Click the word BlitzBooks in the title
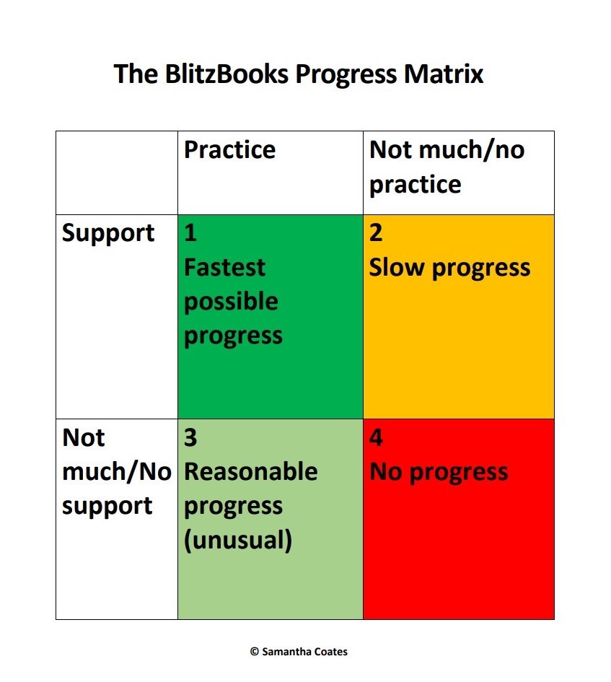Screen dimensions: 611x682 click(227, 74)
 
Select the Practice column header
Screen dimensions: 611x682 click(229, 149)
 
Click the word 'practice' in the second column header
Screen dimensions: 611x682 click(415, 185)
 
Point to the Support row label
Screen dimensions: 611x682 click(108, 234)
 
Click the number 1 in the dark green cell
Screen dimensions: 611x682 click(190, 232)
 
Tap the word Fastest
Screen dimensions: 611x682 click(224, 266)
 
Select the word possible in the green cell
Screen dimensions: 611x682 click(231, 302)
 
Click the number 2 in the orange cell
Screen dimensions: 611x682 click(376, 232)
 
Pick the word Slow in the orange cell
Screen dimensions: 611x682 click(397, 267)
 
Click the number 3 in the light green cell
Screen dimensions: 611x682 click(190, 437)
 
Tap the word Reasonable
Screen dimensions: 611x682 click(251, 471)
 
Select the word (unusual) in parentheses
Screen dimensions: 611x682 click(238, 541)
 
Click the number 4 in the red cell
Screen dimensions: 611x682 click(376, 437)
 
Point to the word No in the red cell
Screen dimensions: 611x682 click(386, 471)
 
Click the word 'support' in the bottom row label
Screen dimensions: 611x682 click(107, 507)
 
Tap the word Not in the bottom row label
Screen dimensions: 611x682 click(84, 437)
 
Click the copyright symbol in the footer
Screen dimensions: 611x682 click(255, 652)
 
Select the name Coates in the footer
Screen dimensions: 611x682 click(330, 652)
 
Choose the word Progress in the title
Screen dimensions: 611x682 click(346, 74)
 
